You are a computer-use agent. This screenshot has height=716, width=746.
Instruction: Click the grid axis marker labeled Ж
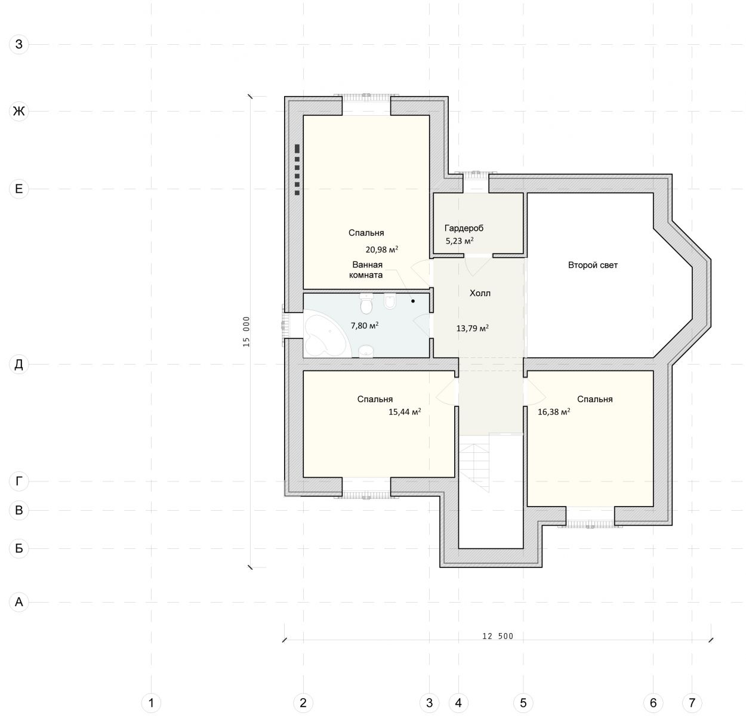pos(19,111)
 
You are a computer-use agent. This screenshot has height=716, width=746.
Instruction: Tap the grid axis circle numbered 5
pos(523,703)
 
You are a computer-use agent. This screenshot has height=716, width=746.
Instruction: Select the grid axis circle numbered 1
pos(151,703)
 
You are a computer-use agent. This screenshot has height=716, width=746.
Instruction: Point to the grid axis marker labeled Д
pos(19,364)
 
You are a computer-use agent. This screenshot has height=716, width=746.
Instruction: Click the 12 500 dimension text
pos(498,636)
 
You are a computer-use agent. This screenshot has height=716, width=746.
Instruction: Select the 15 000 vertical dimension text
pos(246,332)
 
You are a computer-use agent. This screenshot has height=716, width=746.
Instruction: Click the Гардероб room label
pos(464,228)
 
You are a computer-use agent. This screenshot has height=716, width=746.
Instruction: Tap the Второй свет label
pos(593,265)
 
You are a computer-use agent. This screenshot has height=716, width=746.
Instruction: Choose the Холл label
pos(480,293)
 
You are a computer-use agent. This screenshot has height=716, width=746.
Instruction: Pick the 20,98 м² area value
pos(382,249)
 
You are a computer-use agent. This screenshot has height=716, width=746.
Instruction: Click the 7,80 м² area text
pos(365,326)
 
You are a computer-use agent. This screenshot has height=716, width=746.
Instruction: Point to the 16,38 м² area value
pos(554,412)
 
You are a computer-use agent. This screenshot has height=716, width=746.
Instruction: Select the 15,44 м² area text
pos(405,412)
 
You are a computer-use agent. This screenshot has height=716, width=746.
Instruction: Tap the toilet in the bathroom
pos(366,304)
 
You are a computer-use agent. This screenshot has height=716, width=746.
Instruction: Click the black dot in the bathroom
pos(413,301)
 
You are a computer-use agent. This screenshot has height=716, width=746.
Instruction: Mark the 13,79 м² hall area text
pos(472,329)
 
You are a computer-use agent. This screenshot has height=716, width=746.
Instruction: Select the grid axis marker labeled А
pos(19,602)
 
